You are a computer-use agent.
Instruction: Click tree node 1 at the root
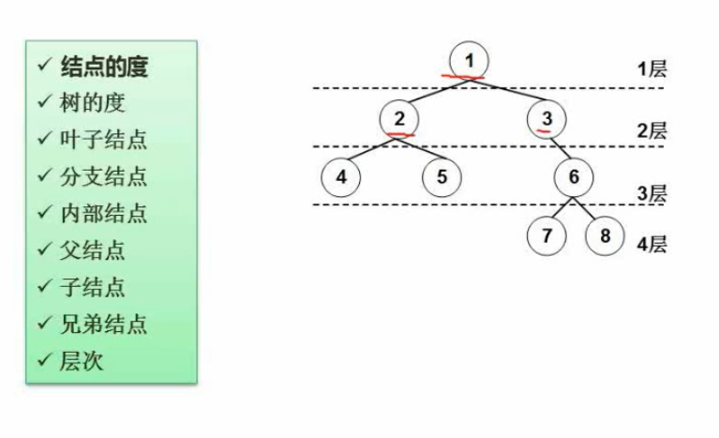470,61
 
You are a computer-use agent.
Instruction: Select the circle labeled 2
399,118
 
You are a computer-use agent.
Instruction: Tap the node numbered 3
547,118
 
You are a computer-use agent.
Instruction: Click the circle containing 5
441,176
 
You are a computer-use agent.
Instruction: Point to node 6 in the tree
574,176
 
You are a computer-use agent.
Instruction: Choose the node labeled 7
547,235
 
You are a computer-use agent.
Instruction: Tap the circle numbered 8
605,235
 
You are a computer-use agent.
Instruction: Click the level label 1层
652,69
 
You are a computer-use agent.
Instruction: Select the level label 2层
652,130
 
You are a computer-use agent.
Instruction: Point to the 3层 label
652,194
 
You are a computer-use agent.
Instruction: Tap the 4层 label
652,245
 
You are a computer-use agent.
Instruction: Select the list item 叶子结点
103,140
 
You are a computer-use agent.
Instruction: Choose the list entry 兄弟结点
103,325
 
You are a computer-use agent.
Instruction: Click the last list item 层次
82,361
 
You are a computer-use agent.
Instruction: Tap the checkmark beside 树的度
43,102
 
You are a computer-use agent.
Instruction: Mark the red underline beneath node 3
544,132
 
